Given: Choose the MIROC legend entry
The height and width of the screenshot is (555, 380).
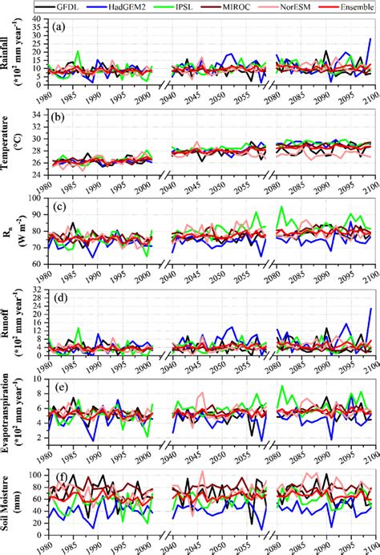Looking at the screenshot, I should (245, 6).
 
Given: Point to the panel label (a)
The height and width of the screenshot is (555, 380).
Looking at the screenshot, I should (58, 26).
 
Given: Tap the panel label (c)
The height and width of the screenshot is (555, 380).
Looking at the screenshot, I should (58, 203).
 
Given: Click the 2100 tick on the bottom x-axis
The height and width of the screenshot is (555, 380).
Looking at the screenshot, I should (369, 547).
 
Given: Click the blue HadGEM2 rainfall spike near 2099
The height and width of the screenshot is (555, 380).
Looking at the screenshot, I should (370, 39).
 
